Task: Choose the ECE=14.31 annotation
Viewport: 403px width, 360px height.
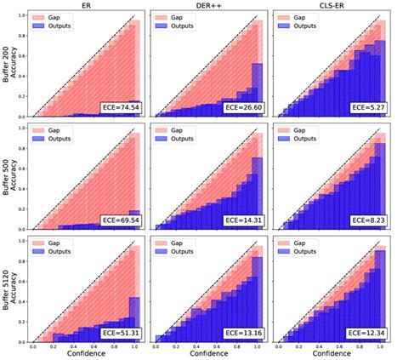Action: (239, 220)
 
